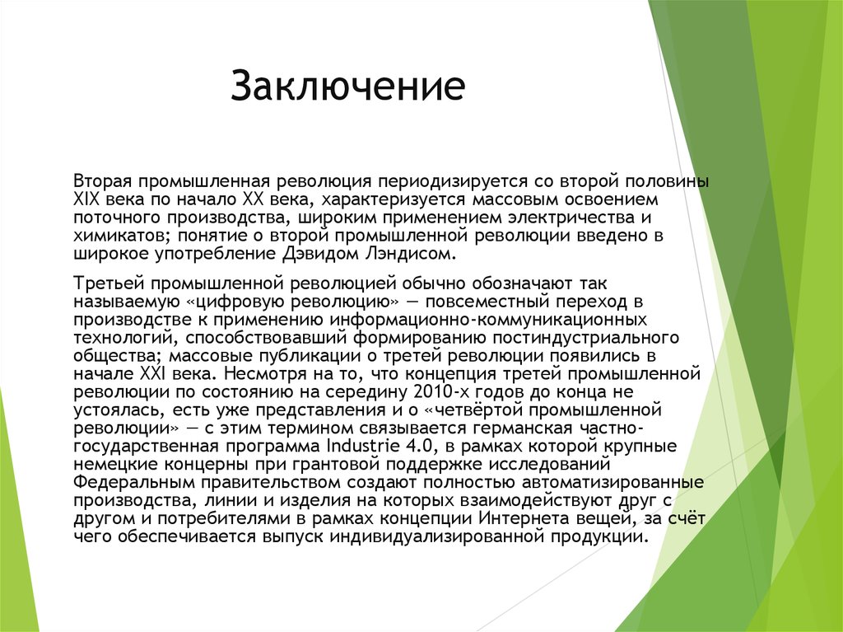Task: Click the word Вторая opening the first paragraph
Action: click(x=101, y=180)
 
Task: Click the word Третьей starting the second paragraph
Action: click(x=105, y=283)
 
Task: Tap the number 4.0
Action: click(x=420, y=446)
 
